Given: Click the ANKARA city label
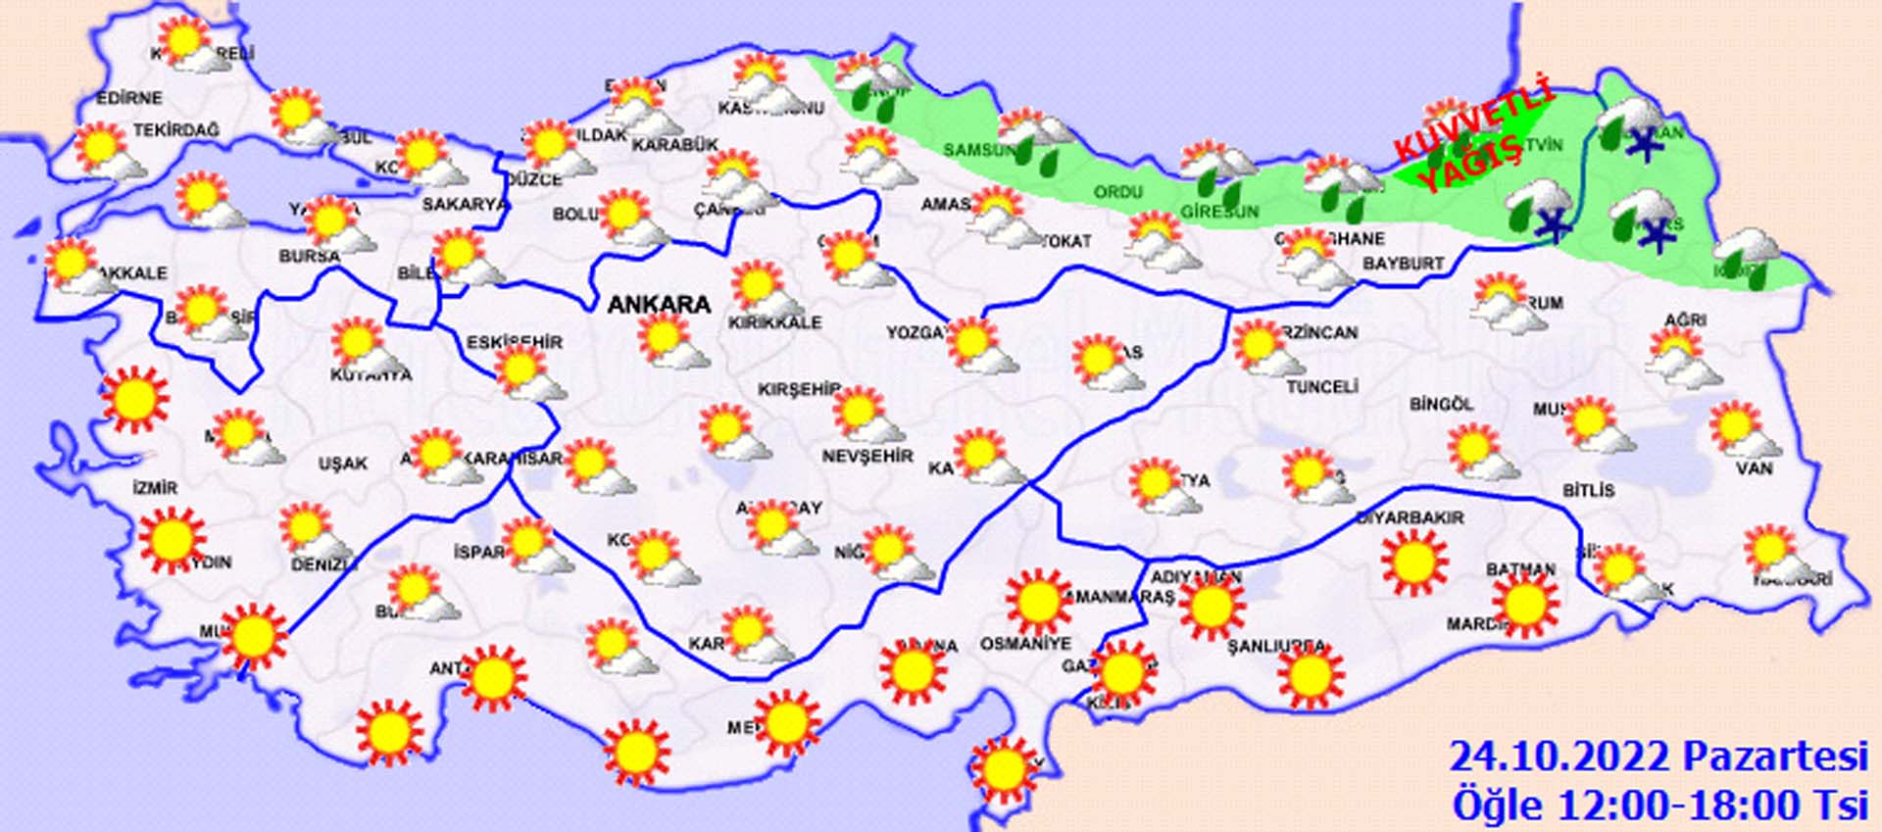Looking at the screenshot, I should (659, 305).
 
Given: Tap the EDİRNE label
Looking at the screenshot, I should (128, 98).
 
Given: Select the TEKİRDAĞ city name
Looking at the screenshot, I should (176, 130).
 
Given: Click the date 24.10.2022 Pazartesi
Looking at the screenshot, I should (1658, 758).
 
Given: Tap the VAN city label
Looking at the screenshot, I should (1754, 468).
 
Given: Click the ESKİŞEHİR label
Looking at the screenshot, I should (514, 342).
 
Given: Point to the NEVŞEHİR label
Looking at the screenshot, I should (867, 456).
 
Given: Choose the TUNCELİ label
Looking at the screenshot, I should (1321, 387).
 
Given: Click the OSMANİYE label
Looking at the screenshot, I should (1025, 644).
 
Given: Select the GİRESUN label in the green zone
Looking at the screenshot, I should (1218, 212).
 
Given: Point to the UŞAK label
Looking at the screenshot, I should (342, 464).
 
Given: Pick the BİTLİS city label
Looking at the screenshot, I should (1588, 489).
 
